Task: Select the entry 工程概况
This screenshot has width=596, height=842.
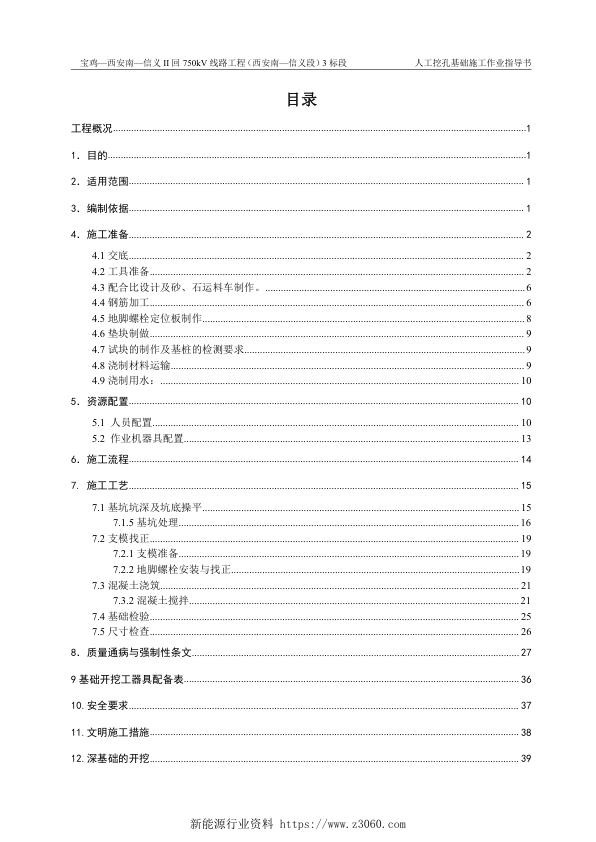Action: point(91,130)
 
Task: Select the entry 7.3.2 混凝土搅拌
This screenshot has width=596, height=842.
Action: point(151,600)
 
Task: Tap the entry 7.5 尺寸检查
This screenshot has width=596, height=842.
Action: point(120,632)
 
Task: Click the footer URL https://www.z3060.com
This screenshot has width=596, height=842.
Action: point(346,825)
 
